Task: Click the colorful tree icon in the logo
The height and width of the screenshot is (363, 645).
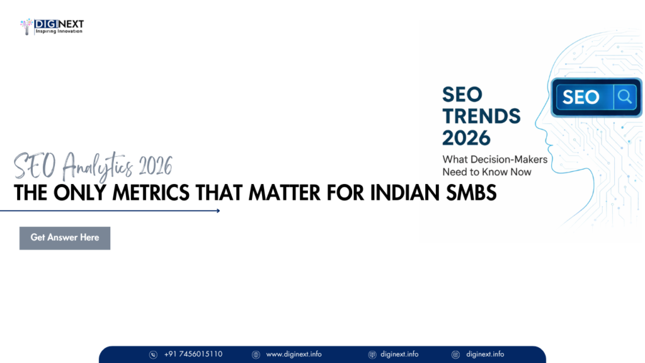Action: click(26, 26)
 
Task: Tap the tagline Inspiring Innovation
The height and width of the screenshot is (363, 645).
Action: click(59, 32)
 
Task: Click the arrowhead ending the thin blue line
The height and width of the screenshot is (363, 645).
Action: click(217, 211)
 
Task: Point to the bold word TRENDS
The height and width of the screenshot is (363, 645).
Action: click(481, 115)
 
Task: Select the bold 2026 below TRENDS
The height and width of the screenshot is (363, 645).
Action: click(466, 137)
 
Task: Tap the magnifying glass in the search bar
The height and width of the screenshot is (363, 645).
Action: click(624, 96)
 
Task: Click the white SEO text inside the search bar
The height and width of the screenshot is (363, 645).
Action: click(580, 97)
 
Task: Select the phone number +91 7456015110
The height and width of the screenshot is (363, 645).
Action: click(193, 354)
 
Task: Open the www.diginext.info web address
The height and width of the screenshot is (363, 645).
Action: click(294, 354)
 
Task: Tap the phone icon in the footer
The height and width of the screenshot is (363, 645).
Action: click(153, 355)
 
